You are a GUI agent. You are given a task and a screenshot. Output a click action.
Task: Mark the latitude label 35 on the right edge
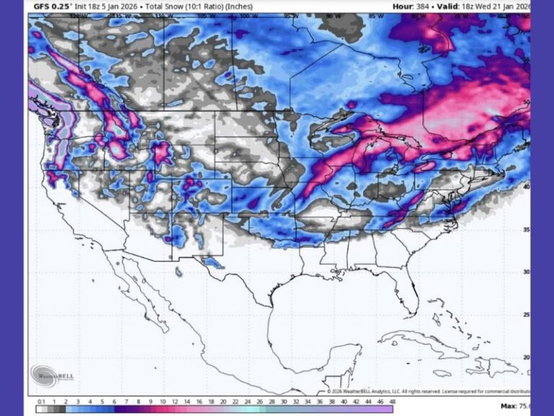tap(526, 230)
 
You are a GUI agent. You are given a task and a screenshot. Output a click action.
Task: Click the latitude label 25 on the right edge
tap(526, 315)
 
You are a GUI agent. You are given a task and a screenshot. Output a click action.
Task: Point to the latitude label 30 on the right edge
tap(526, 272)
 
